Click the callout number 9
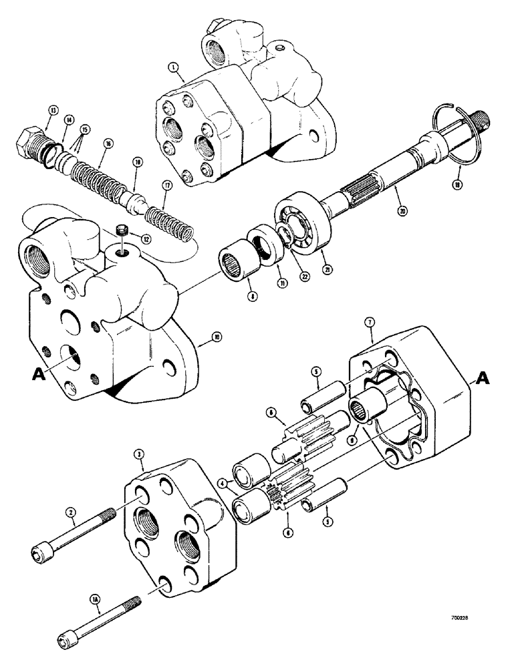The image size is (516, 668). pos(350,440)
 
